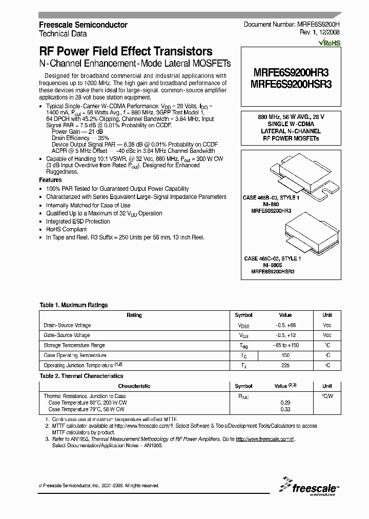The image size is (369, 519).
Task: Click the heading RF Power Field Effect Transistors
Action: click(x=126, y=52)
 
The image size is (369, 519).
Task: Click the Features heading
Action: click(x=50, y=181)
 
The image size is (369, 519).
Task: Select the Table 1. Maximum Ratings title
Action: click(x=74, y=305)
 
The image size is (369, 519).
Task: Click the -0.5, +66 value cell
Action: click(x=286, y=325)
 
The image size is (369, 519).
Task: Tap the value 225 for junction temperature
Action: click(x=285, y=365)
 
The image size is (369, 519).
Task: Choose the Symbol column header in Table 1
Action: click(x=243, y=315)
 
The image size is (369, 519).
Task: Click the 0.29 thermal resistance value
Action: click(x=285, y=403)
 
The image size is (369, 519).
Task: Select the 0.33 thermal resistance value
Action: click(x=285, y=409)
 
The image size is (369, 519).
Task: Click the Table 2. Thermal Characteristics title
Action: click(x=81, y=376)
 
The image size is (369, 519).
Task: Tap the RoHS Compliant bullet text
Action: click(x=67, y=229)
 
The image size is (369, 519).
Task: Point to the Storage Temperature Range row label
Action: click(x=74, y=345)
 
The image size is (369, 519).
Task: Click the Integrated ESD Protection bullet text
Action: click(x=78, y=222)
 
